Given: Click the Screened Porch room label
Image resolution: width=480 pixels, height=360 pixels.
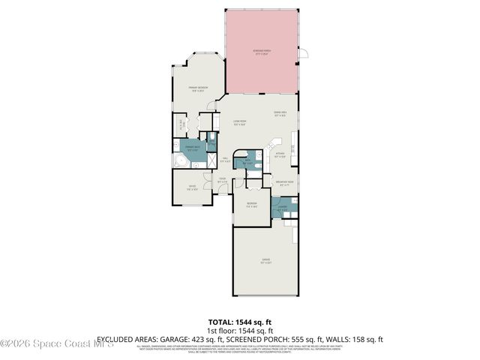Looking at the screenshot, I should pos(262,53).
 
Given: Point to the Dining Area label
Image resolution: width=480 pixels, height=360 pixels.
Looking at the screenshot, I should pos(280,114).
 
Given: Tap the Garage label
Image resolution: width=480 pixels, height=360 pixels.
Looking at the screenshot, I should pos(265,262).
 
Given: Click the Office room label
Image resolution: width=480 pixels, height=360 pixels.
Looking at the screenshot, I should pos(192,187).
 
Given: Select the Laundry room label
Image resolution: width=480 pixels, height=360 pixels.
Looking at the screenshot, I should pos(281,210).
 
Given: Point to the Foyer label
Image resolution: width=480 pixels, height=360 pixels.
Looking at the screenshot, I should pos(222,179).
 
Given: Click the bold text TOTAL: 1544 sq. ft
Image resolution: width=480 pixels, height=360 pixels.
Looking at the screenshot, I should pos(239,320).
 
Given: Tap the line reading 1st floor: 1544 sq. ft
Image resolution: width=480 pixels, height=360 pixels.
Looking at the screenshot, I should pos(239,329).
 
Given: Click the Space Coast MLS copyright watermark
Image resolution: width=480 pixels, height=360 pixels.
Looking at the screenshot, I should pos(57,344).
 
